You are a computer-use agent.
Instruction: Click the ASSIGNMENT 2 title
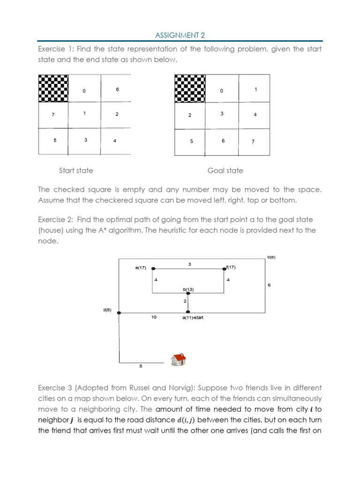coord(180,35)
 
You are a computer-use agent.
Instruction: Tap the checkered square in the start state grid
coord(53,88)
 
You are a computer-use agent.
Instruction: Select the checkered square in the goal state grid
coord(190,88)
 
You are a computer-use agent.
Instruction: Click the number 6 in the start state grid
coord(117,89)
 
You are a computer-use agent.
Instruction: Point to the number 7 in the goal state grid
coord(253,142)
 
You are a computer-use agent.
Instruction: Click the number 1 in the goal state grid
coord(256,89)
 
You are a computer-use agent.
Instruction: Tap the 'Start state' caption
coord(76,171)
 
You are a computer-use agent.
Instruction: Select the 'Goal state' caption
coord(225,171)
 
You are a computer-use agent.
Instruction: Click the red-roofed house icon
coord(178,360)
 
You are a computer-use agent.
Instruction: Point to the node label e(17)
coord(140,268)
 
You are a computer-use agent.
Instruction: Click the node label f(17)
coord(231,267)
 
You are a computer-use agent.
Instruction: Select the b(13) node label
coord(188,290)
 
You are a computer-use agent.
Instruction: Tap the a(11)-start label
coord(193,318)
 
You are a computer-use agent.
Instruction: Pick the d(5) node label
coord(107,310)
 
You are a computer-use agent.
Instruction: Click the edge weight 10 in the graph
coord(154,317)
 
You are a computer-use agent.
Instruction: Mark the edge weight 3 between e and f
coord(189,264)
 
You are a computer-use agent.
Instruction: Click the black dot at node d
coord(119,313)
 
